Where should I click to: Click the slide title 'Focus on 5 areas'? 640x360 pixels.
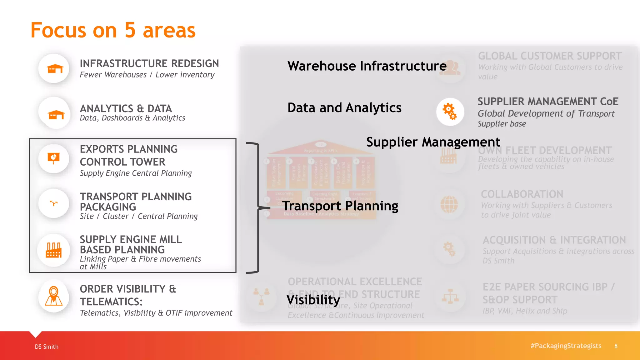tap(113, 30)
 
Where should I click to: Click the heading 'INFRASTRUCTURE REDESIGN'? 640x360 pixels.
tap(149, 63)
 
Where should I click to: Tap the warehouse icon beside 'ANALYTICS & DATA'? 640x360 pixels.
tap(56, 115)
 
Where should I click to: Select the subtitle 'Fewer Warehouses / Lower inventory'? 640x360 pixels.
tap(147, 75)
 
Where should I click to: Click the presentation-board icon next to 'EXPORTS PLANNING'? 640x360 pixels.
tap(54, 158)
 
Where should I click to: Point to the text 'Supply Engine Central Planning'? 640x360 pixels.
tap(136, 173)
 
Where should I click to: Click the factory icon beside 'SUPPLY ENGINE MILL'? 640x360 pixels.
tap(53, 250)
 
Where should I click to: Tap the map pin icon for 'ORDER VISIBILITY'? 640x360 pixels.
tap(54, 296)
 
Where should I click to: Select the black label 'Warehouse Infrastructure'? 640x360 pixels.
tap(367, 66)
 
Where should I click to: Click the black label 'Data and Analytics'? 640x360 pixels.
tap(344, 108)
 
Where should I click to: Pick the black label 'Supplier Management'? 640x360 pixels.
tap(433, 142)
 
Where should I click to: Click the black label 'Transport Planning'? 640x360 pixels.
tap(340, 206)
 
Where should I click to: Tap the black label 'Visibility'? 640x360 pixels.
tap(313, 300)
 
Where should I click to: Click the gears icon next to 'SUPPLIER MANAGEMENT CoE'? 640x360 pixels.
tap(450, 112)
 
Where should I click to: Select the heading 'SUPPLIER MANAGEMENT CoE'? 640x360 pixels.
tap(548, 102)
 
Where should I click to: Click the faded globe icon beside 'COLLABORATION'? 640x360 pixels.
tap(449, 204)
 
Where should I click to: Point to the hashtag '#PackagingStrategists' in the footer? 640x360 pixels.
tap(566, 346)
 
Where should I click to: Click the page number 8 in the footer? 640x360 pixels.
tap(616, 346)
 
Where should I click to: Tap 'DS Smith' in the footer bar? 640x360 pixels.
tap(47, 347)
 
